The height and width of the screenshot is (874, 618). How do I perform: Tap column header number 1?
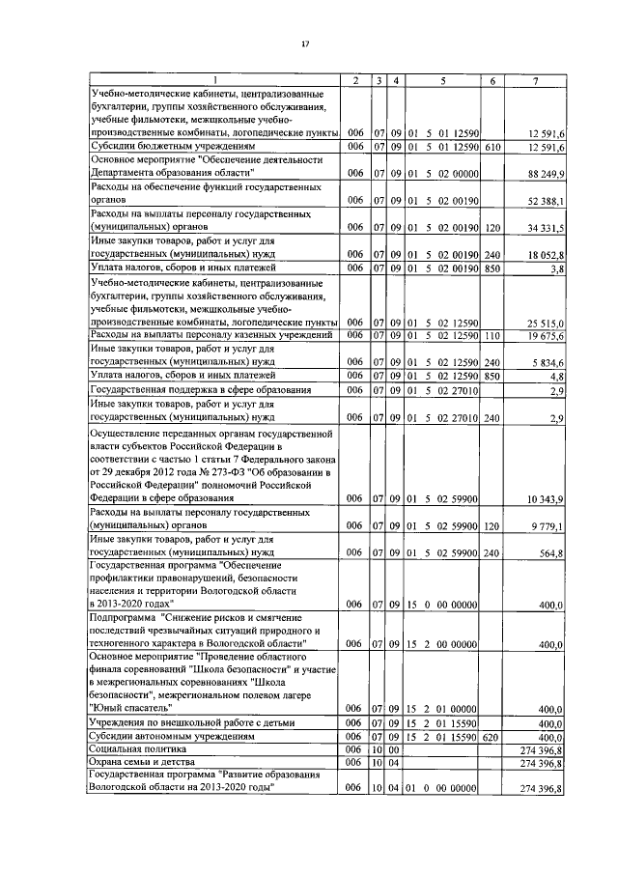coord(214,80)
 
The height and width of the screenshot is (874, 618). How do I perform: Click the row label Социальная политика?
coord(136,748)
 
